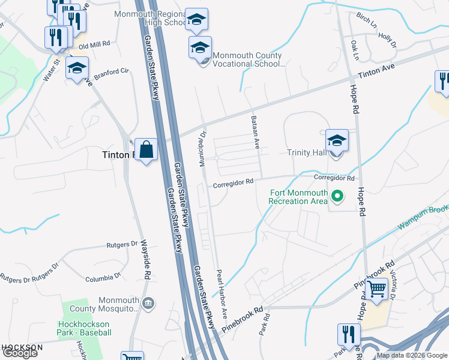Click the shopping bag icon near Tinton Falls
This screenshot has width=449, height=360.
tap(146, 150)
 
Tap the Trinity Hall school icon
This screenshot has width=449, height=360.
tap(337, 142)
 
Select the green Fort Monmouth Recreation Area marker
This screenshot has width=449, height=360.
tap(337, 196)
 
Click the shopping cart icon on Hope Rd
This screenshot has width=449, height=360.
tap(377, 290)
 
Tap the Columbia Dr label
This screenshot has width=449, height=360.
tap(99, 278)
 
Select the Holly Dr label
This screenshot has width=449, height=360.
tap(387, 40)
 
